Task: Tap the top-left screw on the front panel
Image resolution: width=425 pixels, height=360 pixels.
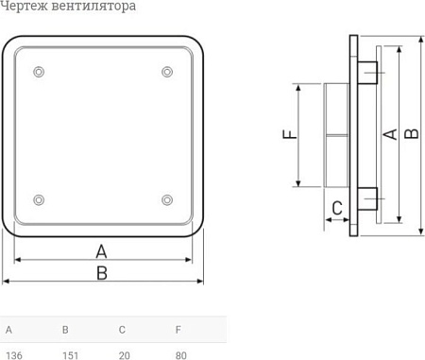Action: pyautogui.click(x=38, y=72)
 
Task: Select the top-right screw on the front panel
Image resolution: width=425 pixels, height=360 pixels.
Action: pyautogui.click(x=167, y=72)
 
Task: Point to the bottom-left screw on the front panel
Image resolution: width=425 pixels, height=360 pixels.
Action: pyautogui.click(x=38, y=199)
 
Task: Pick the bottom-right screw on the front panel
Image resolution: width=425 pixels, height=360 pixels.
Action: pyautogui.click(x=167, y=199)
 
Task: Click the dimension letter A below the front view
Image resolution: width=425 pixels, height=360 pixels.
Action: pyautogui.click(x=102, y=250)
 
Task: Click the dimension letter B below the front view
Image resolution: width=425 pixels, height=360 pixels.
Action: pyautogui.click(x=102, y=272)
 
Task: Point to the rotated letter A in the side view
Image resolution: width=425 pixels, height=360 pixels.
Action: pyautogui.click(x=388, y=135)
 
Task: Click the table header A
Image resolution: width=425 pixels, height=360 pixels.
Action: pyautogui.click(x=9, y=331)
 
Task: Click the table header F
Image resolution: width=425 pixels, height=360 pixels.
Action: pyautogui.click(x=178, y=331)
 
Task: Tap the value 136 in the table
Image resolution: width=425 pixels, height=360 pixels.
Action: pyautogui.click(x=14, y=355)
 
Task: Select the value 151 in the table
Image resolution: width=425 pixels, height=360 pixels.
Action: pyautogui.click(x=71, y=355)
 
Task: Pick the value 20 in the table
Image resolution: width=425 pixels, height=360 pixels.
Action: pyautogui.click(x=124, y=355)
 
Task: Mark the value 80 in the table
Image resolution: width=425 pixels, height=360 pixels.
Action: pyautogui.click(x=181, y=355)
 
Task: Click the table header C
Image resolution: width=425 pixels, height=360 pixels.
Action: pyautogui.click(x=122, y=331)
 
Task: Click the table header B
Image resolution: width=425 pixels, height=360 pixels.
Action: pyautogui.click(x=65, y=331)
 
